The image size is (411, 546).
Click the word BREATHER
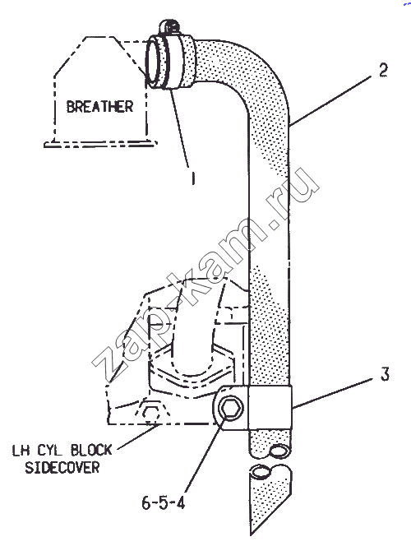100,106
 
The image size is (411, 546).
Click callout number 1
192,178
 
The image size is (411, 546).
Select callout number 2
383,70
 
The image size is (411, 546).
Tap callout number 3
384,374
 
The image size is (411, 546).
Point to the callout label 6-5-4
164,502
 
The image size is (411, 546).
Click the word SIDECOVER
62,467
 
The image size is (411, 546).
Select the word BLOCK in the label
91,450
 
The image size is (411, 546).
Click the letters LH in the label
21,451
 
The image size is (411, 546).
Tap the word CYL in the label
50,451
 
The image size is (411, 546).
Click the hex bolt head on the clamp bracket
229,407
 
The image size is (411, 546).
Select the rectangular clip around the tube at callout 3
270,407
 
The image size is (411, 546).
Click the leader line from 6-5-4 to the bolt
205,456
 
